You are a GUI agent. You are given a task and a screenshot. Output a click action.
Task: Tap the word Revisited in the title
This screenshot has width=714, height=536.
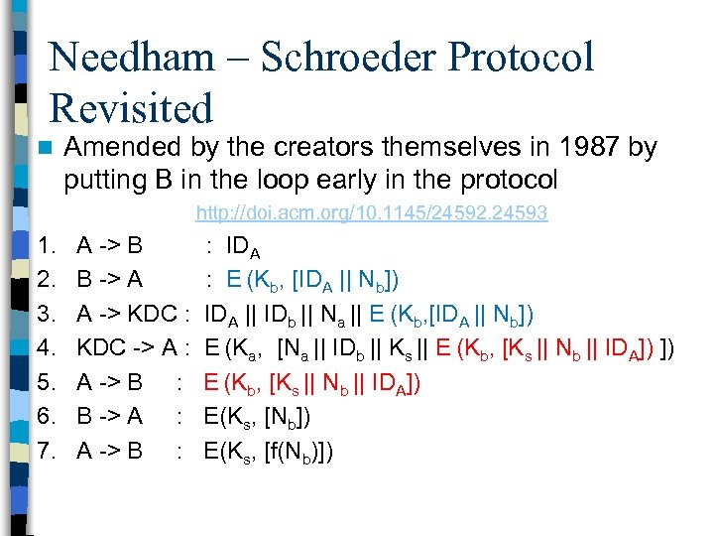tap(132, 108)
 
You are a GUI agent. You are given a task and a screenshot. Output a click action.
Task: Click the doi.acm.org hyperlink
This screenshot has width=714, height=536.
tap(372, 213)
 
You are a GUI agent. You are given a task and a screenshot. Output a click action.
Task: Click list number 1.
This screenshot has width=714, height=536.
tap(45, 245)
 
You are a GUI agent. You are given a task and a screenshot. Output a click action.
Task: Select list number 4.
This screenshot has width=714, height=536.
tap(46, 348)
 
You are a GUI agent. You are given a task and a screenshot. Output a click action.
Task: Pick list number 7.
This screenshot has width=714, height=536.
tap(46, 452)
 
